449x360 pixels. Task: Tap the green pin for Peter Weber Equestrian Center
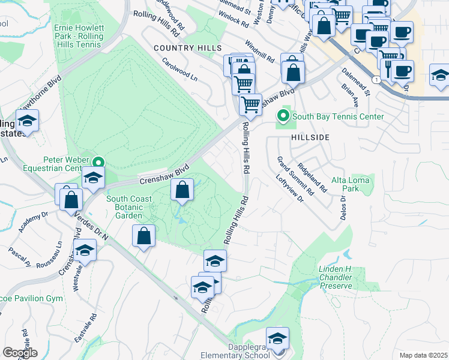coord(98,161)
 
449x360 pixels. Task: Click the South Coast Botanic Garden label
coord(124,207)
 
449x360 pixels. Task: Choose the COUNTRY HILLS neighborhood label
coord(187,48)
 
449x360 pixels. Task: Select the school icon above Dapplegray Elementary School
coord(277,338)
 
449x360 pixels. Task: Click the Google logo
coord(20,353)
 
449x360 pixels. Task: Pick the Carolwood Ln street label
coord(179,69)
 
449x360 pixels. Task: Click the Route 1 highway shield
coord(376,79)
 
